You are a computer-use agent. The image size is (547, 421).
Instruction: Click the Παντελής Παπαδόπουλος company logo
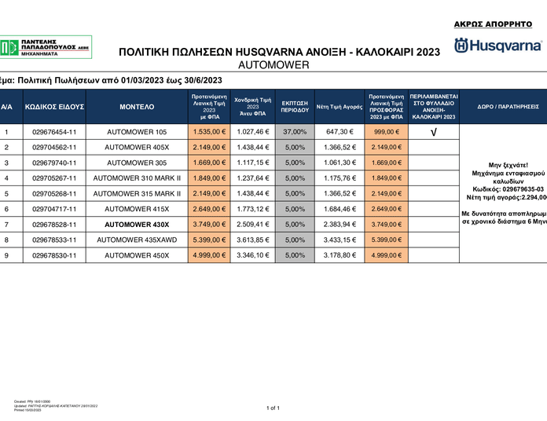click(46, 46)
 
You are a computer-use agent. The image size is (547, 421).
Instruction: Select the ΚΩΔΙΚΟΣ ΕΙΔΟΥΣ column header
click(54, 106)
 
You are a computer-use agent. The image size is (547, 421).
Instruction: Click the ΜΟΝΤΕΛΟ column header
click(137, 106)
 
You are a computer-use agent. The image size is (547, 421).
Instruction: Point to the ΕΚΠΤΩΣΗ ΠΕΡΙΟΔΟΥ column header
click(294, 106)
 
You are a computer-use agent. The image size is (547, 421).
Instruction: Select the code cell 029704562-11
click(54, 147)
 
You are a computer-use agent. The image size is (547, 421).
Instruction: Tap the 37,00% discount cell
click(294, 132)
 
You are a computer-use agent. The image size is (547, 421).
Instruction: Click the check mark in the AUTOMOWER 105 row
click(434, 132)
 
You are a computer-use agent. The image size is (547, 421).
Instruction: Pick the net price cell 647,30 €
click(340, 132)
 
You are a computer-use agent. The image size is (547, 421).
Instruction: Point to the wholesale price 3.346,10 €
click(253, 254)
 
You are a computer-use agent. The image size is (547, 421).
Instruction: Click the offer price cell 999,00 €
click(387, 132)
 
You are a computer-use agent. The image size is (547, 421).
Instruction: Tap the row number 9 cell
click(6, 254)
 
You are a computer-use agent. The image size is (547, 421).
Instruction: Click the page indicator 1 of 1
click(273, 408)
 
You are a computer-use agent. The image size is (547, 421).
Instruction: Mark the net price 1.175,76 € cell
click(340, 178)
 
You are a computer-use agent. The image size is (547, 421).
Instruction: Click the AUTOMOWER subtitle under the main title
click(273, 64)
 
